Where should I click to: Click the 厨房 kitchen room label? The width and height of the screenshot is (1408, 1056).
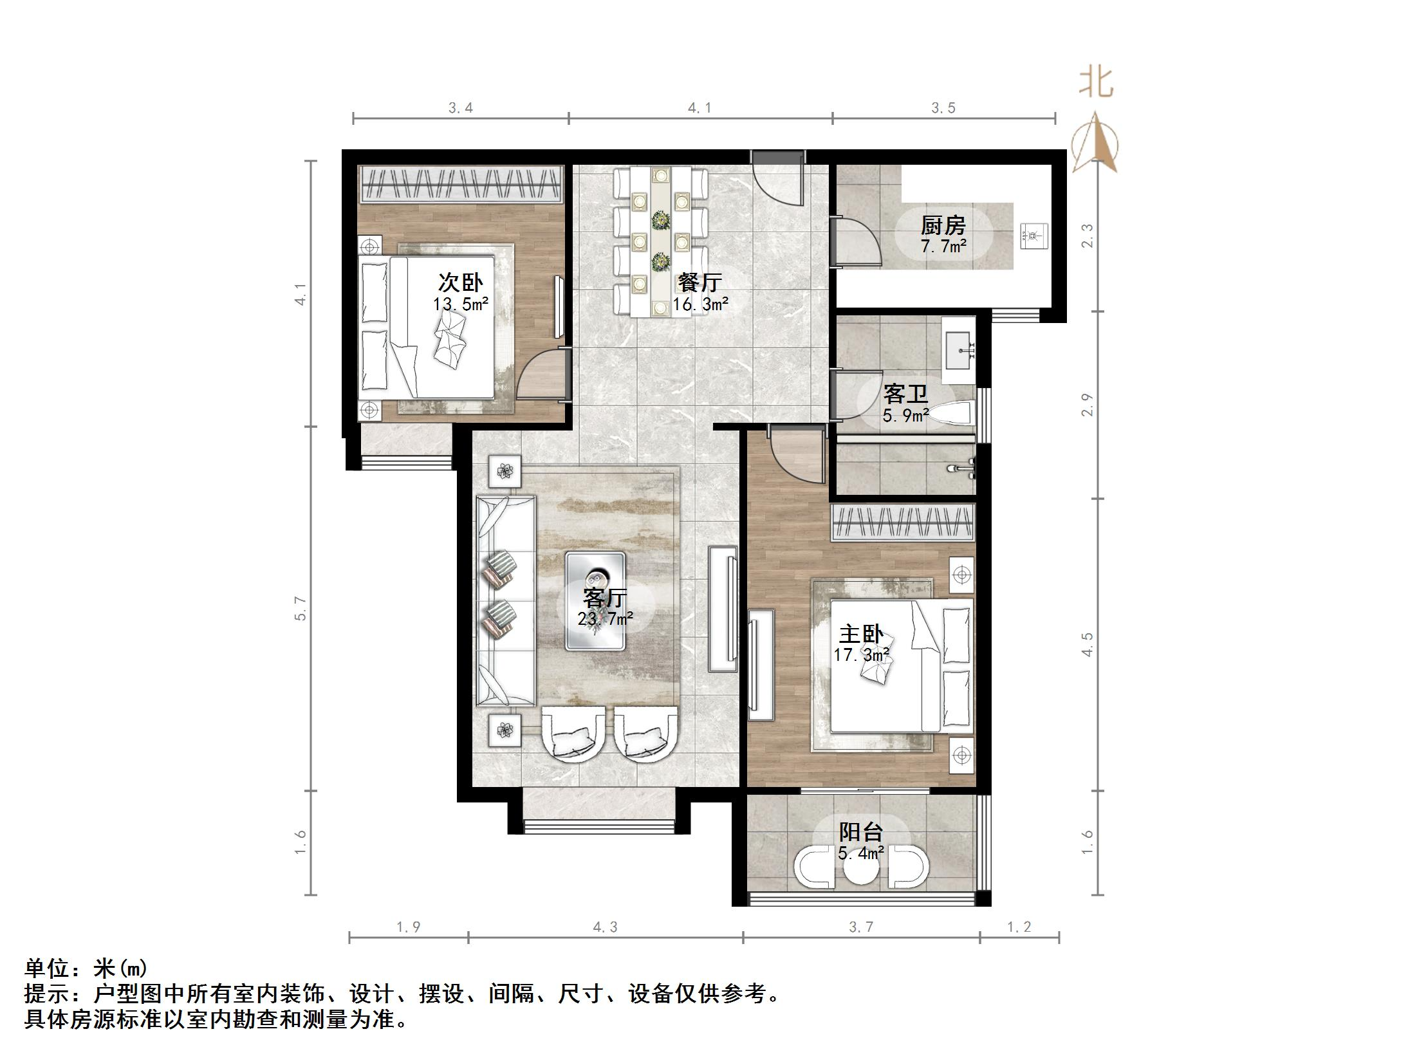coord(943,225)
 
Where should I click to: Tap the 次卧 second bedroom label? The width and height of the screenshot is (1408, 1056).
coord(461,283)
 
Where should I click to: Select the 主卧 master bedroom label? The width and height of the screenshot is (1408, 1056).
coord(862,634)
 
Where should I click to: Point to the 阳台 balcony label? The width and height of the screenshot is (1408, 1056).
coord(861,832)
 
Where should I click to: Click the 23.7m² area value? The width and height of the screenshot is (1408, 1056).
coord(606,619)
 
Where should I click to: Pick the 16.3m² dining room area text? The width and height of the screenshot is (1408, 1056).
coord(701,304)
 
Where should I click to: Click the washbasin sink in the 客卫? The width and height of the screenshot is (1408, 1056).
coord(959,349)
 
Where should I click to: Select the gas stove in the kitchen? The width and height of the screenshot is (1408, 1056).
coord(1033,236)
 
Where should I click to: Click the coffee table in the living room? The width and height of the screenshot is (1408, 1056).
coord(596,600)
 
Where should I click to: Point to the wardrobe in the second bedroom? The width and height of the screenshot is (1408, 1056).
coord(461,185)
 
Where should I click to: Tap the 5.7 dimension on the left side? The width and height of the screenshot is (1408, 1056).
coord(301,608)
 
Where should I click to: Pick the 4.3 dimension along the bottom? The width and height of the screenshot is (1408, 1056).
coord(605,927)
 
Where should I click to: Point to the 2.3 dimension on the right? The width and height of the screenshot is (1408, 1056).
coord(1087,236)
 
